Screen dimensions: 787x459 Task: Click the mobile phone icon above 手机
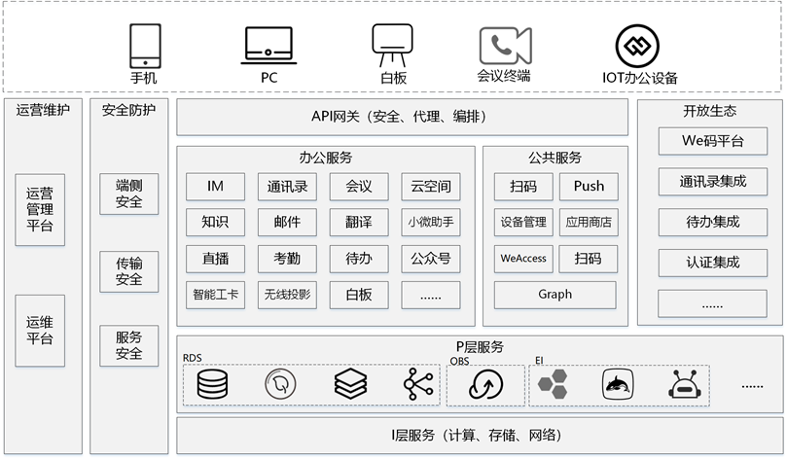[145, 46]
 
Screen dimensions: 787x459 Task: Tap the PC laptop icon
[268, 46]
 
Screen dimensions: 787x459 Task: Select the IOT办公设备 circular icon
[637, 46]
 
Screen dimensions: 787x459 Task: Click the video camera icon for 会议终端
[505, 46]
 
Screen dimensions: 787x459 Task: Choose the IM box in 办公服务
[215, 187]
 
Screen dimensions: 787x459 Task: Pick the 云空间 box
[431, 187]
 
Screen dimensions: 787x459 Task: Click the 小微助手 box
[431, 223]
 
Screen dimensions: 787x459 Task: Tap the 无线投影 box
[287, 295]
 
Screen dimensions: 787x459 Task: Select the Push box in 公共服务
[589, 187]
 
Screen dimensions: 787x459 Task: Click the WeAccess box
[523, 259]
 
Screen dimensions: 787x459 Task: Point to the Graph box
[555, 295]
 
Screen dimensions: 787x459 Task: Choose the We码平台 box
[713, 141]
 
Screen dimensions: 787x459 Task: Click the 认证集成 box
[713, 263]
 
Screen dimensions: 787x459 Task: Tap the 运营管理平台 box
[40, 210]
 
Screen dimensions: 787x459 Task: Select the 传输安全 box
[129, 271]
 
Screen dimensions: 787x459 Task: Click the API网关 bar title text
[400, 117]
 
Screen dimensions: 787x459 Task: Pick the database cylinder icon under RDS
[212, 384]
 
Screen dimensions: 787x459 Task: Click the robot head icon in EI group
[684, 384]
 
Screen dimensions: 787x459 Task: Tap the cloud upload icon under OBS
[485, 384]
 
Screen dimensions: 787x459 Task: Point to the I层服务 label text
[477, 435]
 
